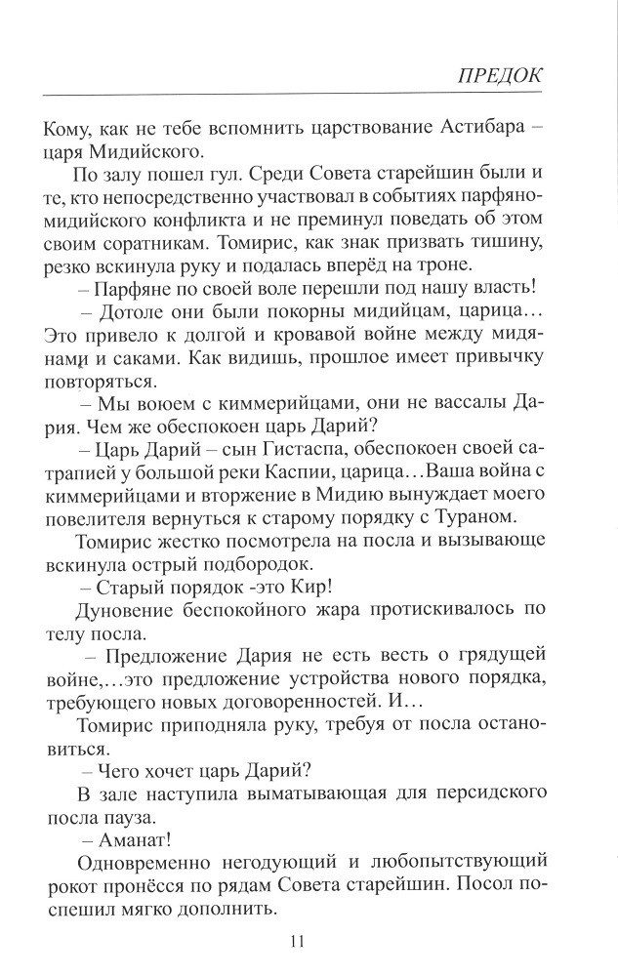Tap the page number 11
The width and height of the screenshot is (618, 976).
pos(299,941)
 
